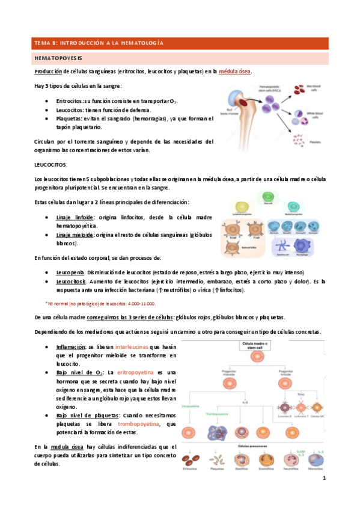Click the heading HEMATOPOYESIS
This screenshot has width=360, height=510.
[x=58, y=58]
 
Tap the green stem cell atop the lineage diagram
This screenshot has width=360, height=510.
[x=264, y=197]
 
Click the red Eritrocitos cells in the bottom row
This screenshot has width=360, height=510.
[x=191, y=461]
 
